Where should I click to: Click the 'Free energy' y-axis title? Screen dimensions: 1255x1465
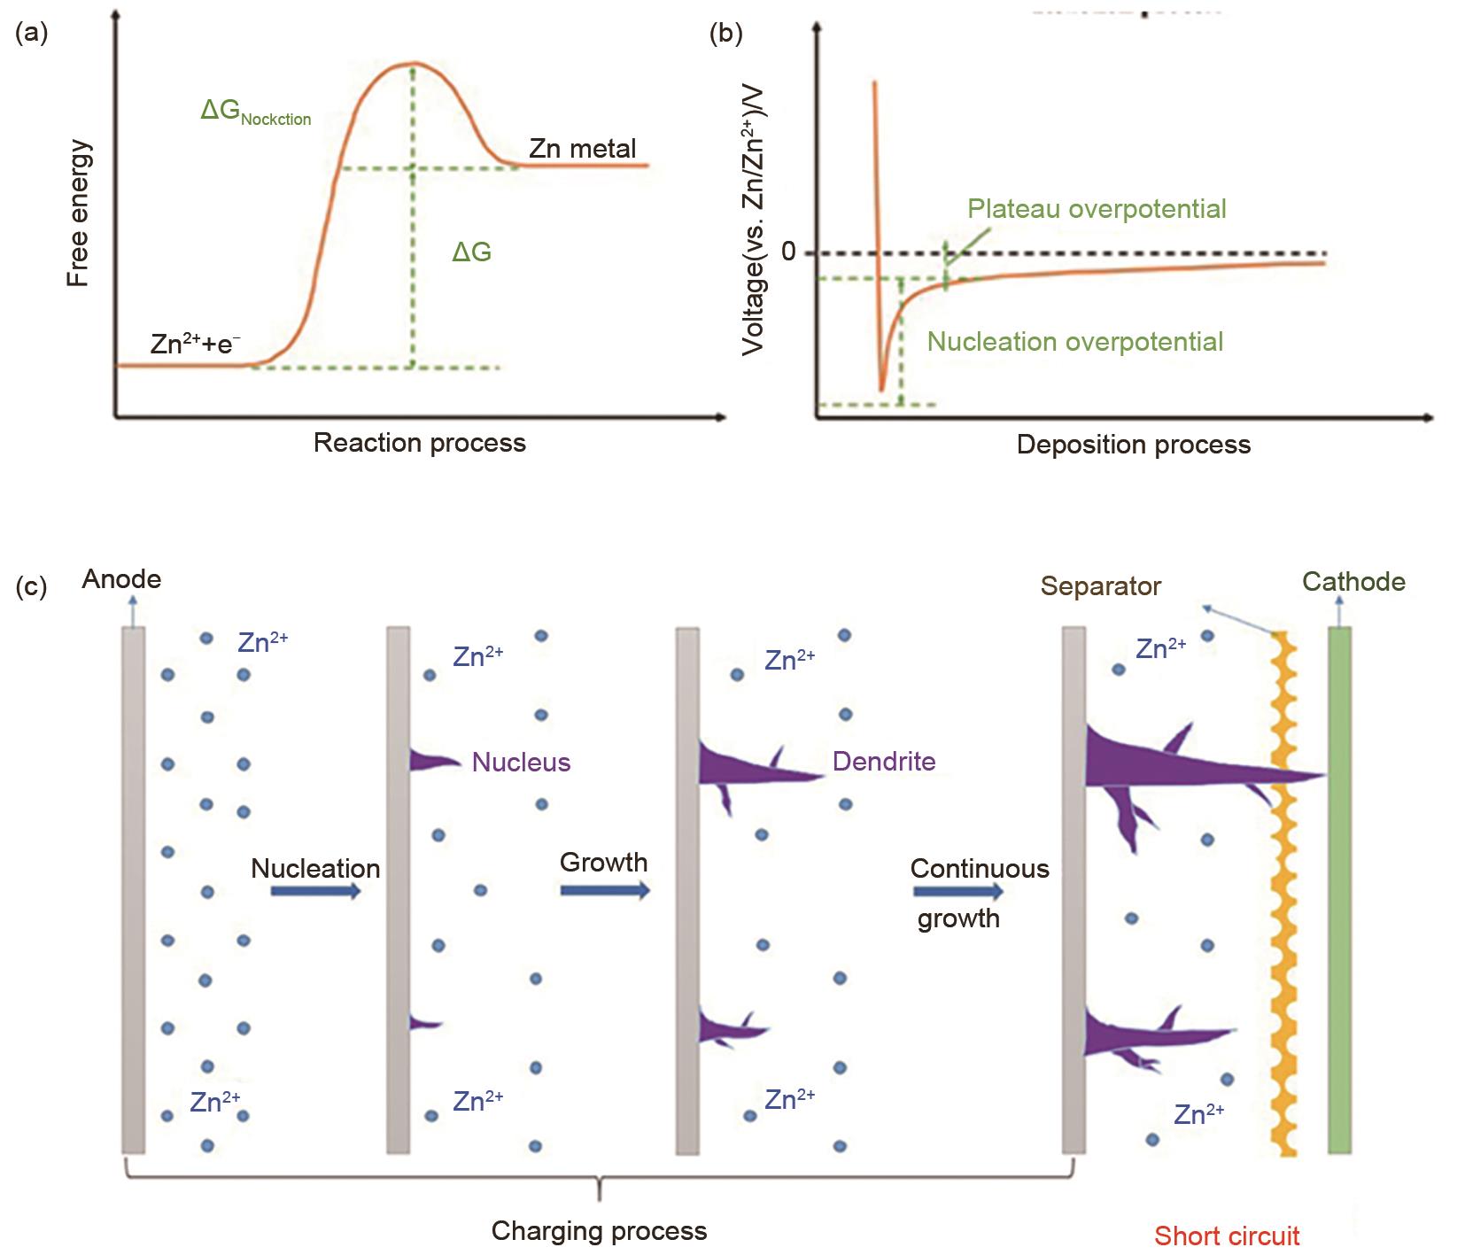pyautogui.click(x=79, y=213)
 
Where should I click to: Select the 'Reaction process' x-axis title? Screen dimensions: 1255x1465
pyautogui.click(x=419, y=443)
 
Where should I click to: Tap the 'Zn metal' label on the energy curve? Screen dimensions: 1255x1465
pyautogui.click(x=582, y=148)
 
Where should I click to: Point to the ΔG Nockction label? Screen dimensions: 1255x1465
pyautogui.click(x=255, y=112)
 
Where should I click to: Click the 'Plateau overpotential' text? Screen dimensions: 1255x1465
pyautogui.click(x=1097, y=209)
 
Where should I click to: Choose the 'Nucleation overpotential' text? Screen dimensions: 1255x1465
pyautogui.click(x=1074, y=342)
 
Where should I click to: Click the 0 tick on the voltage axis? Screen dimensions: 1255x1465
pyautogui.click(x=788, y=252)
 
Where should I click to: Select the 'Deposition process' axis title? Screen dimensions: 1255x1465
pyautogui.click(x=1133, y=445)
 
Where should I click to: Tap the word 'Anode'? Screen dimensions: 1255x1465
pyautogui.click(x=121, y=579)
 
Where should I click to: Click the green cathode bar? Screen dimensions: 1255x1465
pyautogui.click(x=1339, y=889)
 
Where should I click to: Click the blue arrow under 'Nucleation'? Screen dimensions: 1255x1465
pyautogui.click(x=315, y=891)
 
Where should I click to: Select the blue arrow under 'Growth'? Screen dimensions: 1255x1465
pyautogui.click(x=605, y=889)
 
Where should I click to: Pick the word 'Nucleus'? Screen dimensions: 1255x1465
pyautogui.click(x=521, y=763)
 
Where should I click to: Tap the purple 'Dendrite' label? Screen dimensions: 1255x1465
pyautogui.click(x=884, y=762)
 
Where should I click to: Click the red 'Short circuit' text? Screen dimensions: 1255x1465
pyautogui.click(x=1227, y=1236)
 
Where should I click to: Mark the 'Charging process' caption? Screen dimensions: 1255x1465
pyautogui.click(x=599, y=1231)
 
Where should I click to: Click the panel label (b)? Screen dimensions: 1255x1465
pyautogui.click(x=726, y=33)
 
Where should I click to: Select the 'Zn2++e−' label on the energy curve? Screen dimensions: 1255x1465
pyautogui.click(x=195, y=344)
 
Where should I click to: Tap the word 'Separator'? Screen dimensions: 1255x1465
pyautogui.click(x=1100, y=586)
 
